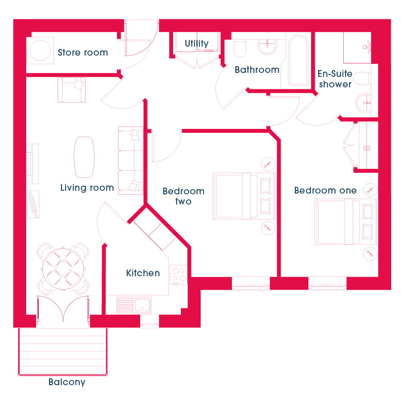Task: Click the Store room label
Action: [83, 52]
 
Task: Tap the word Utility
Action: [197, 43]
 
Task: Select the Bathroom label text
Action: [257, 69]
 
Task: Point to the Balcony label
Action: [67, 382]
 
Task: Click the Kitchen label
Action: [143, 273]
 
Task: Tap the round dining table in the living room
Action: [63, 269]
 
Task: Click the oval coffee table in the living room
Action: [84, 157]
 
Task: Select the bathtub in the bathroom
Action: [298, 60]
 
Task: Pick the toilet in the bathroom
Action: [240, 48]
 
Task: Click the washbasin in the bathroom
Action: [267, 47]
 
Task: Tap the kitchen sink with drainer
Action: [134, 305]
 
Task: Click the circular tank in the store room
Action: [40, 50]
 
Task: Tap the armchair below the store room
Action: [71, 90]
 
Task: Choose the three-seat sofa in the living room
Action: [131, 161]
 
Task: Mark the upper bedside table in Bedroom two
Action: [268, 164]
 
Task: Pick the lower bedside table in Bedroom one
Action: [370, 253]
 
